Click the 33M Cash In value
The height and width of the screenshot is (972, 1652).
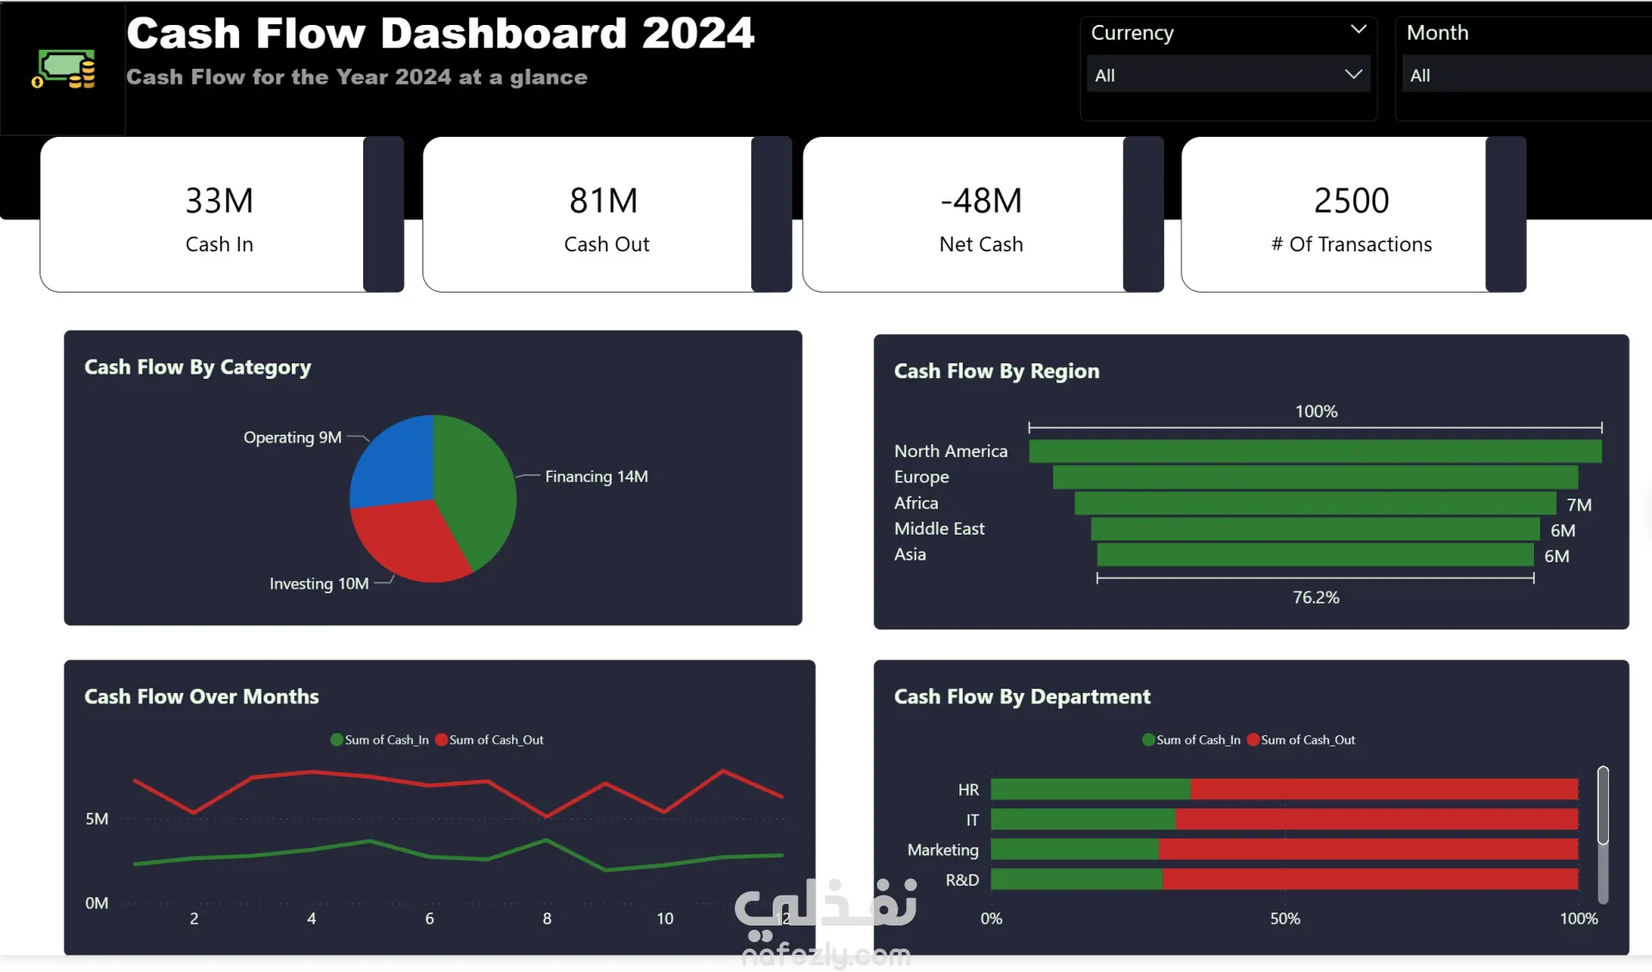(219, 201)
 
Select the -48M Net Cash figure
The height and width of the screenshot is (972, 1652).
(981, 201)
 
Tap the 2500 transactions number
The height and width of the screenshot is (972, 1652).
(1351, 201)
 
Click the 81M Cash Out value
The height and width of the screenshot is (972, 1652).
(603, 201)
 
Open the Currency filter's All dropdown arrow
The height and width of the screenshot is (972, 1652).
(1353, 75)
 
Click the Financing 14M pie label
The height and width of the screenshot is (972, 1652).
(596, 476)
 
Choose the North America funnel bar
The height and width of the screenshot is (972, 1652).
(1315, 451)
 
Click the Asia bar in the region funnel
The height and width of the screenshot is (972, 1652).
(1315, 554)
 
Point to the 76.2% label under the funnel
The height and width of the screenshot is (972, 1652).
(1316, 597)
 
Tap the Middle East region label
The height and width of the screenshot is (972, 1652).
(939, 529)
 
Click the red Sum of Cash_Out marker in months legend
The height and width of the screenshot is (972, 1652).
(441, 740)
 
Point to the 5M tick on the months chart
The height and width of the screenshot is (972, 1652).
(97, 819)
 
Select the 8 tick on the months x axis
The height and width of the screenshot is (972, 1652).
(547, 919)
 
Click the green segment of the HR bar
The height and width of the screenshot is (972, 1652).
(1090, 789)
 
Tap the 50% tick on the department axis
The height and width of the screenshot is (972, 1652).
(1285, 919)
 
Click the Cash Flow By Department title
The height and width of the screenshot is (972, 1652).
(1021, 696)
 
